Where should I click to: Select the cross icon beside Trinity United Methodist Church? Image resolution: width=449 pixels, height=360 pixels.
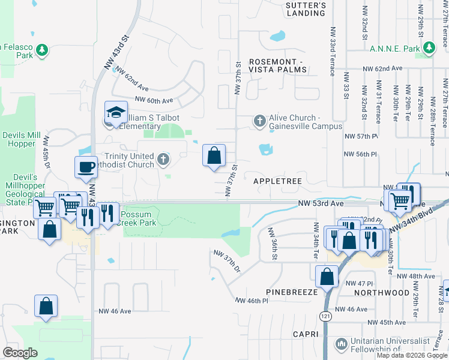tap(163, 160)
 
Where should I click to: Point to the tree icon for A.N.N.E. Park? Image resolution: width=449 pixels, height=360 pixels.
tap(429, 48)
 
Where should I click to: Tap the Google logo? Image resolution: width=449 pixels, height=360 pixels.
tap(20, 353)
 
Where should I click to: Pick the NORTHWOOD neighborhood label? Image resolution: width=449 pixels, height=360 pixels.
tap(381, 293)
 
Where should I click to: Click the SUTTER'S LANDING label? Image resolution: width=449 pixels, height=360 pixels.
tap(306, 9)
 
